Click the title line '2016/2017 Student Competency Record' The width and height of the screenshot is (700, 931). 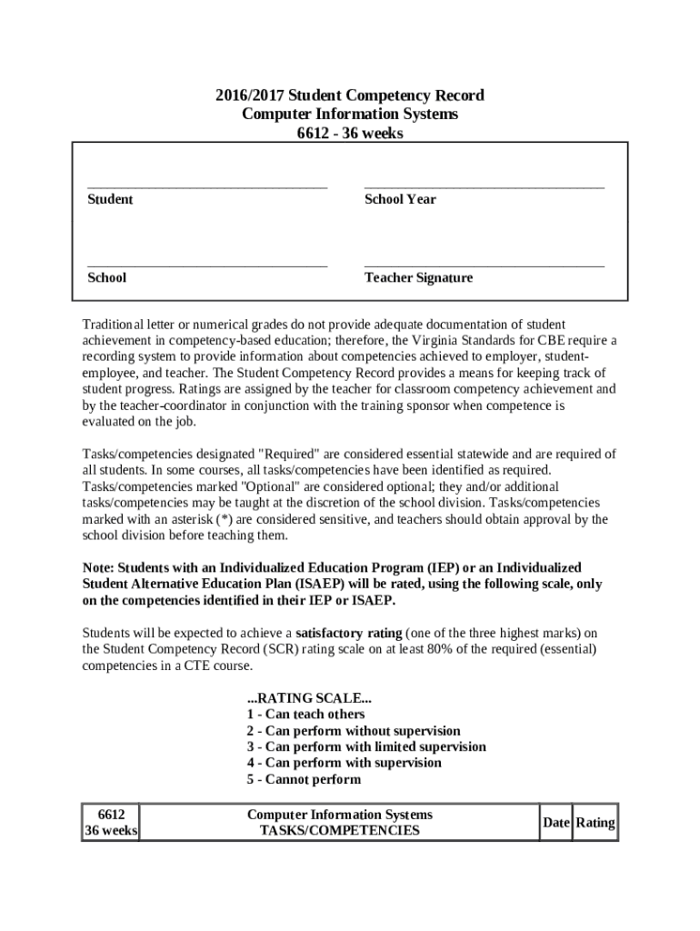pos(350,95)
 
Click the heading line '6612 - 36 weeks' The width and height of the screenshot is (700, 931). pos(350,134)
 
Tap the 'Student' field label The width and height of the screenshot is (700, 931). pos(110,199)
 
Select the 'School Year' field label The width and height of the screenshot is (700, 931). pos(400,199)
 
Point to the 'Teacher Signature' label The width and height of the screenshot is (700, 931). pos(418,277)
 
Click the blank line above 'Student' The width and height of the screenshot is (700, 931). pos(207,185)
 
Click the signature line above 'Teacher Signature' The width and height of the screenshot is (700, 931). pos(484,265)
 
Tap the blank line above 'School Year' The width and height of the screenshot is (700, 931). pos(484,185)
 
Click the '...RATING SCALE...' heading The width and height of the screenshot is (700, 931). pos(309,698)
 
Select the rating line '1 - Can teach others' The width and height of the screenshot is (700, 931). pos(305,715)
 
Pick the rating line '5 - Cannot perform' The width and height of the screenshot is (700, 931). pos(303,779)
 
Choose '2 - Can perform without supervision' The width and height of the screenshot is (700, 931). pos(353,731)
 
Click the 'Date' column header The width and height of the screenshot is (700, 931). pos(555,823)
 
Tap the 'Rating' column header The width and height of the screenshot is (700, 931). pos(595,823)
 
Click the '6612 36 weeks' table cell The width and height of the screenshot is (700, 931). pos(111,823)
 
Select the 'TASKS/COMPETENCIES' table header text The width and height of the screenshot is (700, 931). pos(340,831)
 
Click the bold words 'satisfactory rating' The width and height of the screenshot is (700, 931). pos(348,633)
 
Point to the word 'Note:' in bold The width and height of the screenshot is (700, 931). pos(99,568)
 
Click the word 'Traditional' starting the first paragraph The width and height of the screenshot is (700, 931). pos(114,325)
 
